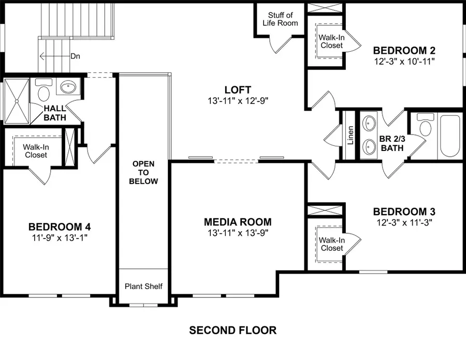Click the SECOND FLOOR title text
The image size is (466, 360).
click(x=232, y=330)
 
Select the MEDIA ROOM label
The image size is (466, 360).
click(x=238, y=222)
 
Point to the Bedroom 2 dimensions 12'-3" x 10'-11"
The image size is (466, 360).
click(x=404, y=61)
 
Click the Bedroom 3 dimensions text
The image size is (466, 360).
click(x=404, y=222)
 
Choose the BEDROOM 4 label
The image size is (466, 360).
click(x=60, y=227)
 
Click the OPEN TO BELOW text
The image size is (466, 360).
click(x=143, y=173)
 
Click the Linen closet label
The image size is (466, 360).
click(x=351, y=135)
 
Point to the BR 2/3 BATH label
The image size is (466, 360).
click(x=391, y=143)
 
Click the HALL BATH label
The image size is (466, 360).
click(x=54, y=113)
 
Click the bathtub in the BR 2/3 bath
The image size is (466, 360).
click(x=449, y=137)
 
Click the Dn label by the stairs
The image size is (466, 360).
click(x=76, y=56)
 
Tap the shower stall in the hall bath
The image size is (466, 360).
click(x=17, y=101)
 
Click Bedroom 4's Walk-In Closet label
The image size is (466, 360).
click(x=35, y=151)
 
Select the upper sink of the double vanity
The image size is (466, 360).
click(x=369, y=124)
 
